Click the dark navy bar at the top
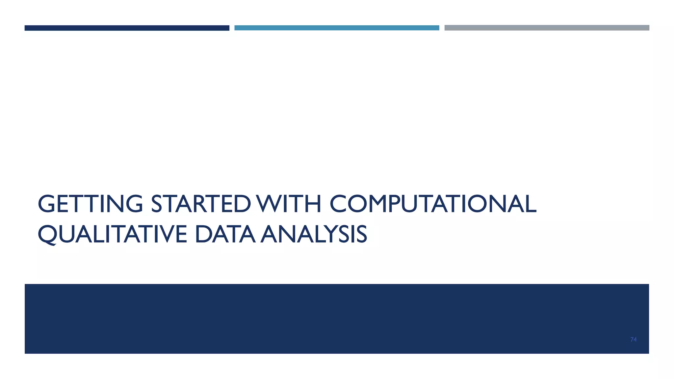point(127,28)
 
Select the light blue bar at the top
point(337,28)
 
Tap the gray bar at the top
point(547,28)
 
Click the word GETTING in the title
point(91,204)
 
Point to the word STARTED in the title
point(201,204)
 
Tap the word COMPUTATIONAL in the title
point(433,204)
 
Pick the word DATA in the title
point(225,234)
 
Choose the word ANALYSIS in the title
point(314,234)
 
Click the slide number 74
point(633,340)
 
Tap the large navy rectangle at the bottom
point(337,318)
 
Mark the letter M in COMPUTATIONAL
point(376,204)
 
